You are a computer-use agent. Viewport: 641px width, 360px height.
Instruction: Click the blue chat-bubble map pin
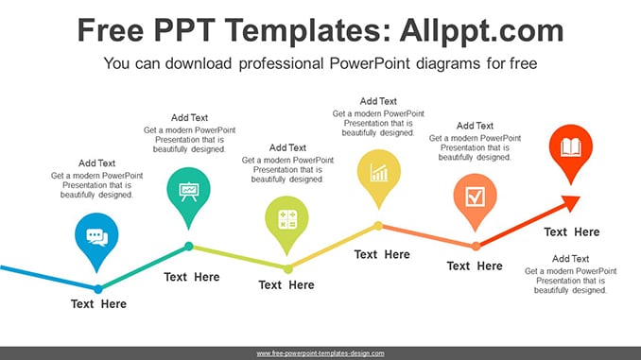(96, 239)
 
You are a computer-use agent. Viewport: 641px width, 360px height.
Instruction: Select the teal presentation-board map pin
(188, 194)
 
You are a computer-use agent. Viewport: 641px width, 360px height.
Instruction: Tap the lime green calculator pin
(286, 222)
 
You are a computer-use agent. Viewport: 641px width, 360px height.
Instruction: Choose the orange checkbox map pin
(475, 199)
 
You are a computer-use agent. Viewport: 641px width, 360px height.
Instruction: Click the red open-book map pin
(571, 150)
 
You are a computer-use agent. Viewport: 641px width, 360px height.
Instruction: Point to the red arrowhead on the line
(571, 203)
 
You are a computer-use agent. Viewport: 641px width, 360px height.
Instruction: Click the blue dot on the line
(98, 289)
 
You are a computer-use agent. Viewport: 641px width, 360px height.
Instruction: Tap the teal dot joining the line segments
(189, 246)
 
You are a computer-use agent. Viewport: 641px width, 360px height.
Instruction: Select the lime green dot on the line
(288, 269)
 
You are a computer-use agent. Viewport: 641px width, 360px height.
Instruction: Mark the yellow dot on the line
(378, 226)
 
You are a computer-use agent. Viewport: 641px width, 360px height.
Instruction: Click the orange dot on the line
(476, 246)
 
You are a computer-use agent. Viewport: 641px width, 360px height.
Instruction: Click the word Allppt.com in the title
(481, 30)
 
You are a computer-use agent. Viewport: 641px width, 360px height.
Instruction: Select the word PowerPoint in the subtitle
(370, 63)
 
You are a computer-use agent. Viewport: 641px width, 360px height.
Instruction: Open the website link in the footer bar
(320, 353)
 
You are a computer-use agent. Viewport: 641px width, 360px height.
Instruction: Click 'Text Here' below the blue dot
(98, 304)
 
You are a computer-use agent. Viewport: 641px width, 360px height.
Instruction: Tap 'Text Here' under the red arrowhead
(571, 232)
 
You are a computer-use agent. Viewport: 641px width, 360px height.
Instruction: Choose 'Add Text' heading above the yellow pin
(378, 101)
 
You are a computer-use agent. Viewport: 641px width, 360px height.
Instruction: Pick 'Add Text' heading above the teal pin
(189, 118)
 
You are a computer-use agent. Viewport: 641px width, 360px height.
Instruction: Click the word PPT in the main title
(184, 30)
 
